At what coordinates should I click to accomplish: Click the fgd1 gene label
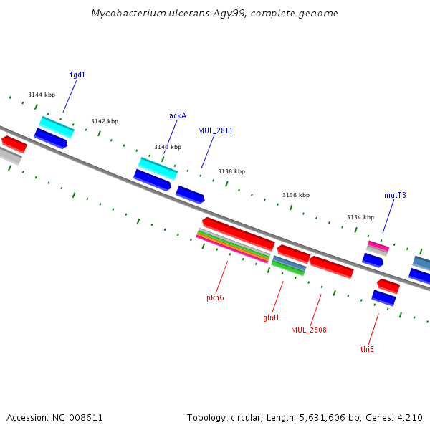click(77, 75)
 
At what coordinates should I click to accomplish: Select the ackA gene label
click(178, 115)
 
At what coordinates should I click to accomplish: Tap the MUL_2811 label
click(215, 131)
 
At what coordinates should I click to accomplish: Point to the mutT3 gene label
click(395, 195)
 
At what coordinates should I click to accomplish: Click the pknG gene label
click(215, 297)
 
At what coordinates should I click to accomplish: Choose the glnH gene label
click(271, 317)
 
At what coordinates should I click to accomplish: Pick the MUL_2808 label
click(309, 330)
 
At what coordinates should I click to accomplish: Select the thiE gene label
click(367, 349)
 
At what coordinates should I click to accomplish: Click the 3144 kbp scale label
click(42, 95)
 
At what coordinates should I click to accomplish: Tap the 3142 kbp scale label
click(105, 121)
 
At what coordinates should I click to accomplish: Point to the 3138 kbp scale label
click(231, 171)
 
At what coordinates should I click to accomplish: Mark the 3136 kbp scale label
click(296, 195)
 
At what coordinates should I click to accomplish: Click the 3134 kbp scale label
click(360, 217)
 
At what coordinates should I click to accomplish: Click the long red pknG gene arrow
click(239, 234)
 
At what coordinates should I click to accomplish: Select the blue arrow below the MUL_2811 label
click(190, 195)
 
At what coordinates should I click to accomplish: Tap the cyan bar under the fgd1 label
click(57, 127)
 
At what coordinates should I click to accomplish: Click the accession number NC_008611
click(77, 418)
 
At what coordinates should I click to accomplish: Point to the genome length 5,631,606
click(322, 418)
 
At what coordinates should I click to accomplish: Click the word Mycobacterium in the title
click(128, 13)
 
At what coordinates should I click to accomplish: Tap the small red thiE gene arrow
click(388, 286)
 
